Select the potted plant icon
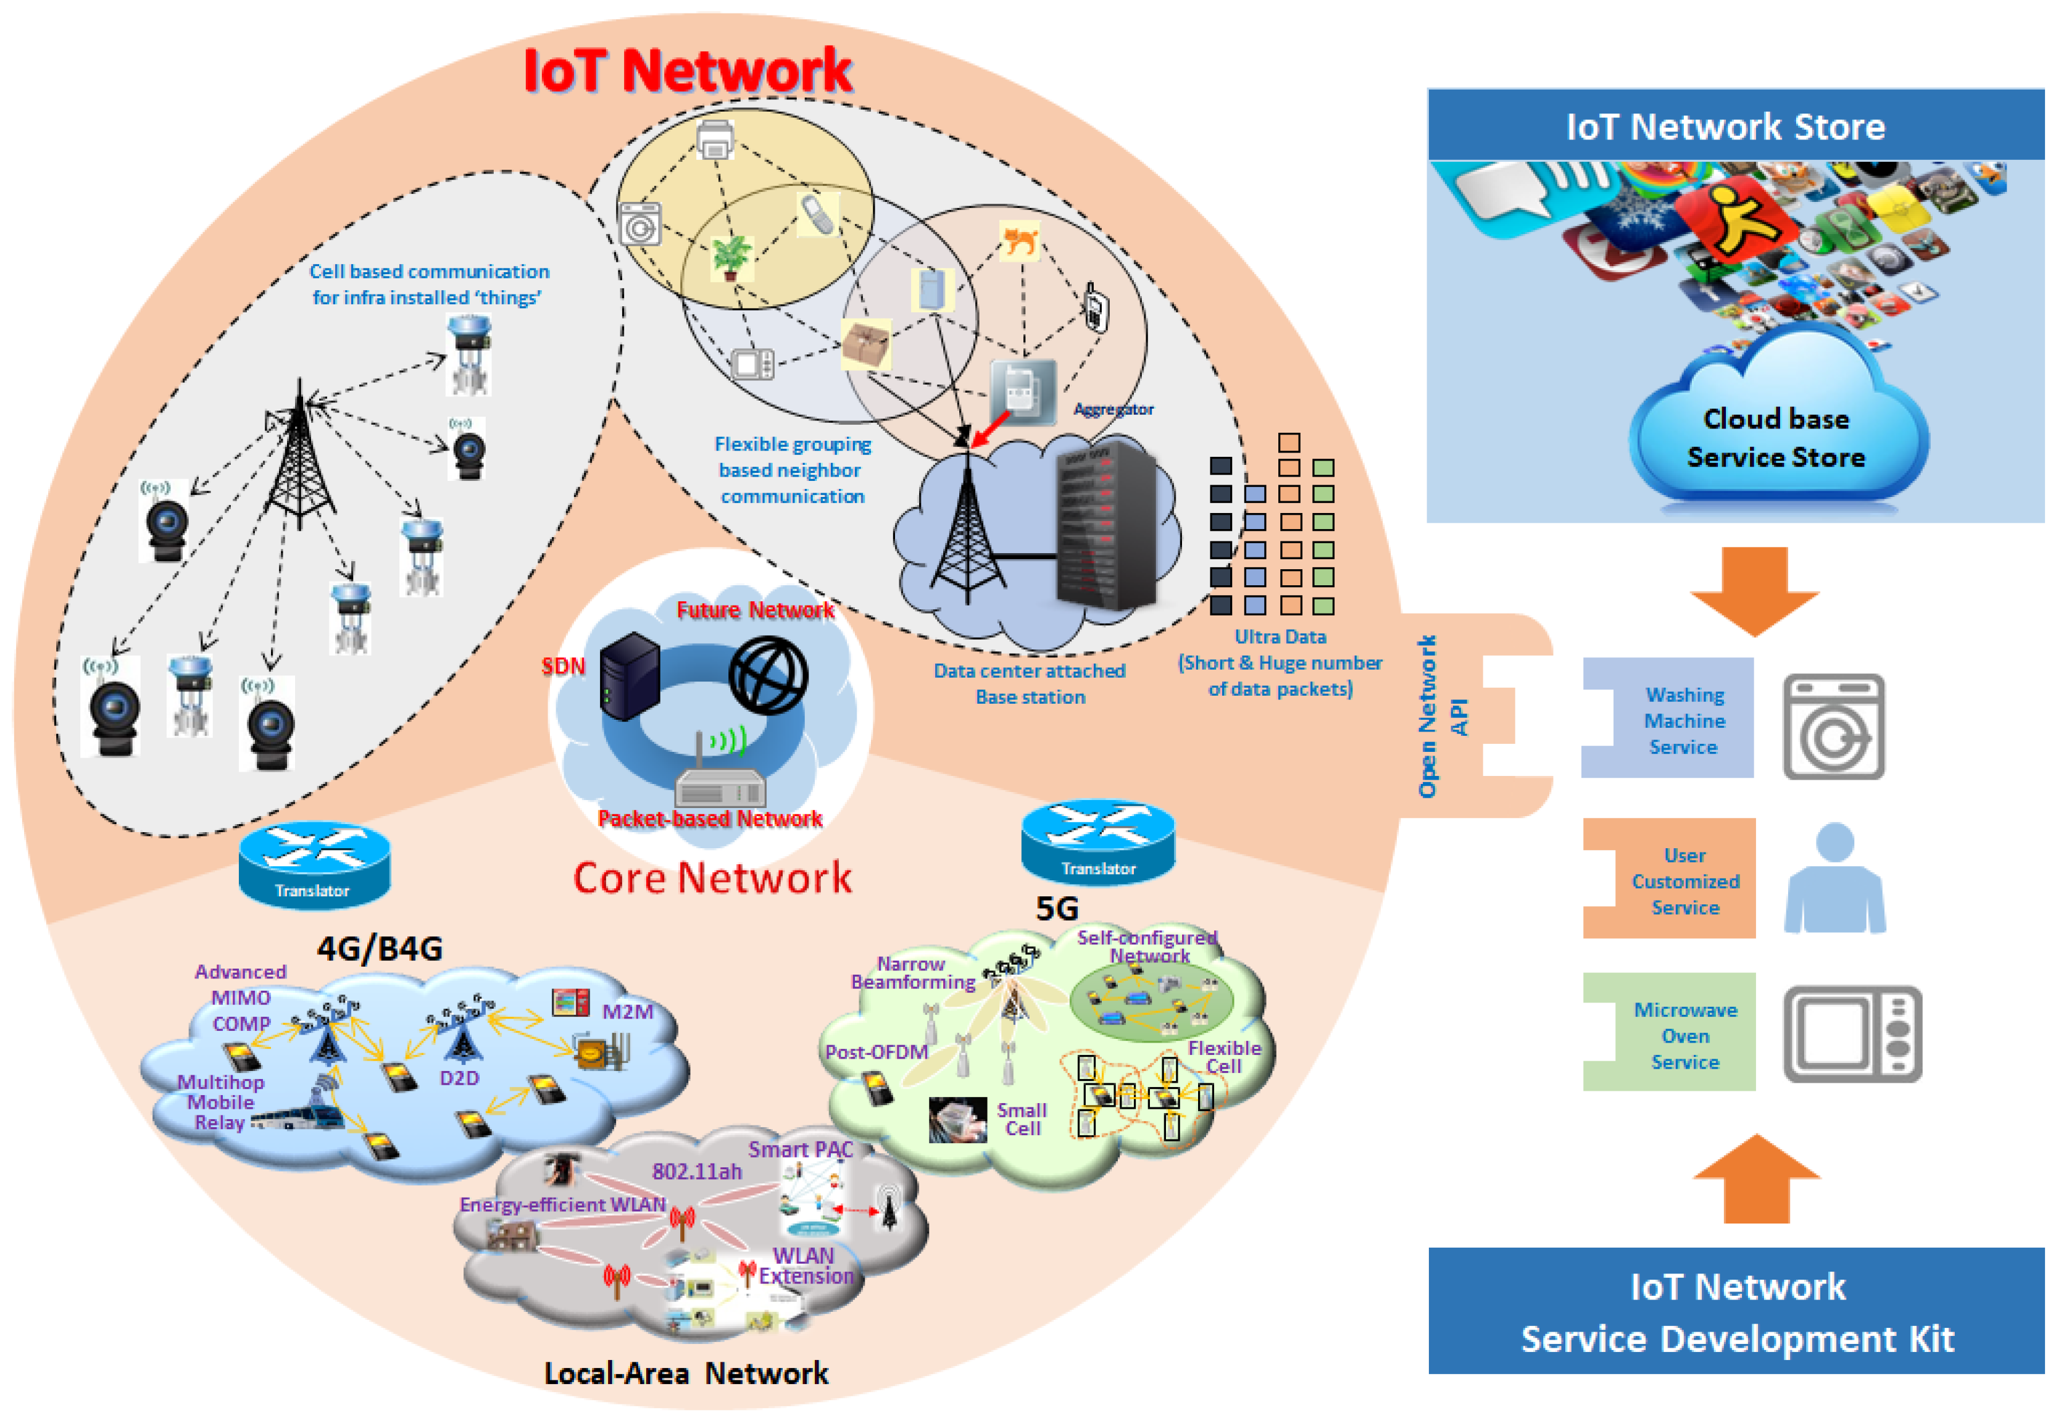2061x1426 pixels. pos(731,256)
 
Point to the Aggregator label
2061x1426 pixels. pos(1112,409)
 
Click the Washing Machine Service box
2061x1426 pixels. pos(1668,719)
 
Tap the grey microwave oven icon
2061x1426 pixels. pos(1852,1034)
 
